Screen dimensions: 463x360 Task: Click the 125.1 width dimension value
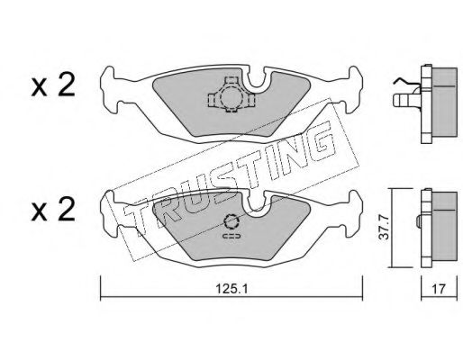coord(231,290)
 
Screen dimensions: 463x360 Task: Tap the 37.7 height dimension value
coord(384,227)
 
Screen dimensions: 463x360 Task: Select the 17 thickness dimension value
coord(439,290)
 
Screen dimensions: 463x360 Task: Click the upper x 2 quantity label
coord(53,85)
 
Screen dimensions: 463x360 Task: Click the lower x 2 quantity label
coord(53,211)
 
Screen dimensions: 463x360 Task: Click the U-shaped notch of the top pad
coord(256,81)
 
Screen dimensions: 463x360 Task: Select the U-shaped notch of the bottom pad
coord(256,205)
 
